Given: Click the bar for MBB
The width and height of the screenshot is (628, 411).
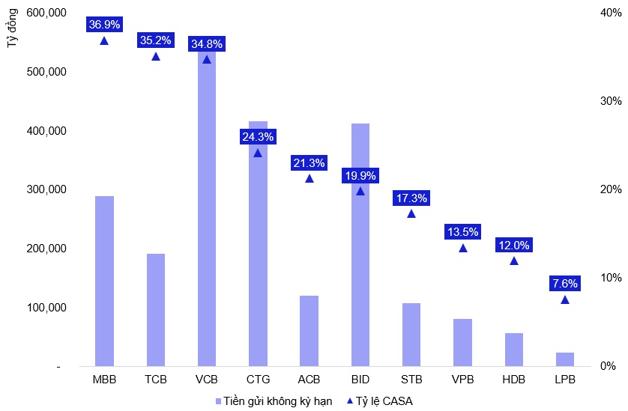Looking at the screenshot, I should pos(104,281).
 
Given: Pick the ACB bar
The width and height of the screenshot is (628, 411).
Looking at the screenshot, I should pos(309,331).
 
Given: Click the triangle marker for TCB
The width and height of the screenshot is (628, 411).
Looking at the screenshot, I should pos(156,56).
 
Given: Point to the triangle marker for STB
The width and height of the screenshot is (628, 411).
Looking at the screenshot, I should pos(411,213).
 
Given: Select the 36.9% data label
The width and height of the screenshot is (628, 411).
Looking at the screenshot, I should pos(104,25).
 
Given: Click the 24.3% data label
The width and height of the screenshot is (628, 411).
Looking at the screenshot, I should pos(258,137).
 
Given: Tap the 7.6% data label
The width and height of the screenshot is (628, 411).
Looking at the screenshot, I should pos(564,284).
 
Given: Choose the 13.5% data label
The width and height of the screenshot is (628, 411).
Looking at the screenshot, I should pos(462,231).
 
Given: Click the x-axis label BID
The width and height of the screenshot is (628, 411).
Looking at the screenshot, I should pos(360,379).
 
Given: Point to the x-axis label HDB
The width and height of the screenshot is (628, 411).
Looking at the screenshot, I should pos(513,379).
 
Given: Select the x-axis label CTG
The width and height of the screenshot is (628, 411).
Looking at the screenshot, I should pos(258,379).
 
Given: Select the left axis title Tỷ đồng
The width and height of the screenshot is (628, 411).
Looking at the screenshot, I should pos(13,31).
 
